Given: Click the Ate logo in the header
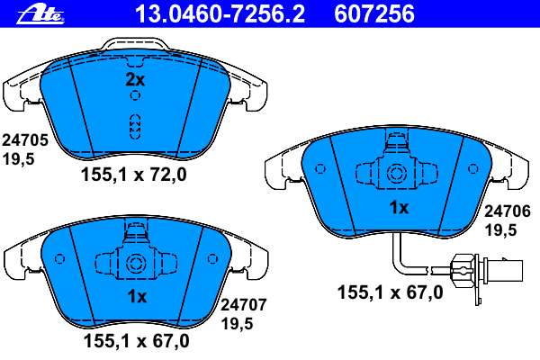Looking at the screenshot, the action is [41, 14].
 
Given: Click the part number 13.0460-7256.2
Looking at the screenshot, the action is [220, 14].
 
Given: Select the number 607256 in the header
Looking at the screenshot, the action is [374, 14].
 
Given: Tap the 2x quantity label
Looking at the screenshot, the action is [135, 80].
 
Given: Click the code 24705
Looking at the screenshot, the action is [25, 140].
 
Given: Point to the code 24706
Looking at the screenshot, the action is [508, 211].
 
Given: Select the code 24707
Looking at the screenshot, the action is [244, 305].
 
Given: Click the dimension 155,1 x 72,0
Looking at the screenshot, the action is [133, 175].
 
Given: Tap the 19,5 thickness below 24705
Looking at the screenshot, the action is [19, 159].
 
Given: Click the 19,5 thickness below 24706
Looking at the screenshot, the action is [500, 230].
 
